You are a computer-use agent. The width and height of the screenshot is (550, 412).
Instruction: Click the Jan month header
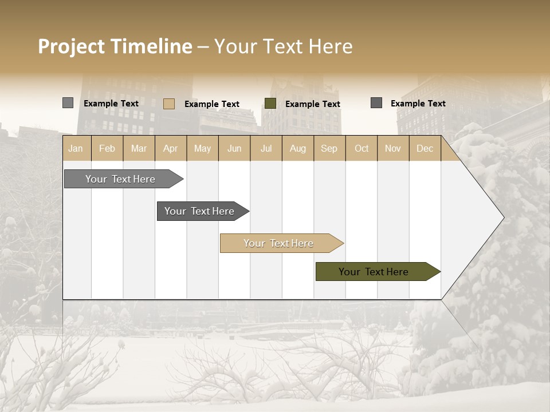point(76,149)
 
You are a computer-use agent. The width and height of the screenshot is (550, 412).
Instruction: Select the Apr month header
point(170,149)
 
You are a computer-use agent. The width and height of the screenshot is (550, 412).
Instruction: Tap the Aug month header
point(297,149)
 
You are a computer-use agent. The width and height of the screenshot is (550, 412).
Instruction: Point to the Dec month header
point(425,149)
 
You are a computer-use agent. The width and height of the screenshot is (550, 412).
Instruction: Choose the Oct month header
point(362,149)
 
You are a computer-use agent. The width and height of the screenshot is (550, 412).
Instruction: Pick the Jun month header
point(234,149)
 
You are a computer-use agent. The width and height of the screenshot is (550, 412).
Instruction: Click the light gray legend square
point(68,103)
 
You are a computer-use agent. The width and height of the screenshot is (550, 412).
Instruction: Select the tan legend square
point(168,104)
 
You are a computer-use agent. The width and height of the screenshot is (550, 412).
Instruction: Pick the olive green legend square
point(270,104)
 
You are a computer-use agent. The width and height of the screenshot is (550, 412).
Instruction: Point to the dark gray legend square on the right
point(376,103)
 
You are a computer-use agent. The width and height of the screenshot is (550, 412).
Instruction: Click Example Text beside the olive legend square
point(312,104)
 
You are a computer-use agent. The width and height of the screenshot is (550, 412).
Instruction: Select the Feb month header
point(107,149)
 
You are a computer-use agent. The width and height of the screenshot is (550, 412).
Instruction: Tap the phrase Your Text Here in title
point(284,46)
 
